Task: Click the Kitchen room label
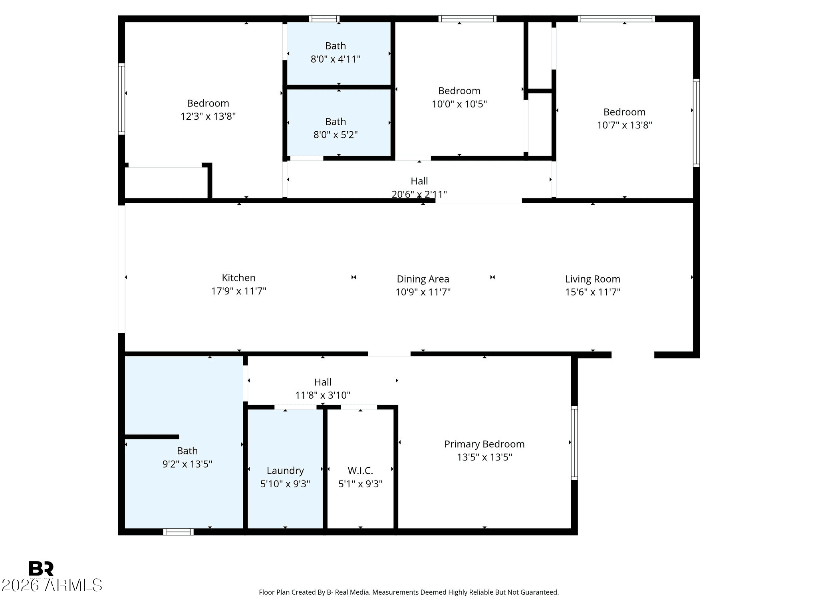click(x=238, y=278)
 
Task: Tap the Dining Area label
click(x=423, y=279)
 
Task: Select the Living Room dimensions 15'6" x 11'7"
click(x=592, y=292)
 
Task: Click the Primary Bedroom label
click(x=484, y=444)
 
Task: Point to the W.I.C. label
click(x=360, y=471)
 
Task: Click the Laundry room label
click(x=285, y=471)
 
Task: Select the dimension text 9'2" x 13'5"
click(x=187, y=464)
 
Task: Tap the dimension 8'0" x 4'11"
click(x=336, y=59)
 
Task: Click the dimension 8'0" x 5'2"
click(x=336, y=135)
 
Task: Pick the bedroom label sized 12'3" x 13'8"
click(x=208, y=103)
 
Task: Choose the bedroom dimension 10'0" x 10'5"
click(x=459, y=104)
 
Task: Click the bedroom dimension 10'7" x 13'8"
click(x=624, y=125)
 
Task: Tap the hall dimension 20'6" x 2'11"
click(x=419, y=194)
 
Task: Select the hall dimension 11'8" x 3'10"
click(x=323, y=395)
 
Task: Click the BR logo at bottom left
click(x=41, y=569)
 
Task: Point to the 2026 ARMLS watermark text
click(x=52, y=585)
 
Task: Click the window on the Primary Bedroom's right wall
click(x=574, y=443)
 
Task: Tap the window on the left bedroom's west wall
click(x=121, y=99)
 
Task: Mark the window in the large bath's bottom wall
click(x=178, y=532)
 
